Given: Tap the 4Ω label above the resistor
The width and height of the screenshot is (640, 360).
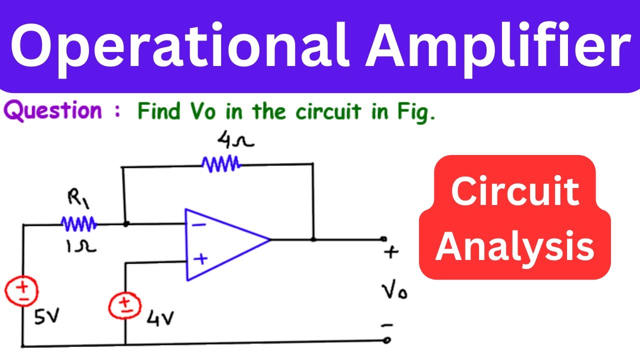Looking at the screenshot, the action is [235, 140].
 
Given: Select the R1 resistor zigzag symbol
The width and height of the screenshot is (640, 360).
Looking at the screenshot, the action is [79, 223].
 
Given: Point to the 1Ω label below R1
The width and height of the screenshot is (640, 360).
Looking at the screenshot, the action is [81, 246].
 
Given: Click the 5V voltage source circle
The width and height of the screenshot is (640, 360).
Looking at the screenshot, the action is [21, 291].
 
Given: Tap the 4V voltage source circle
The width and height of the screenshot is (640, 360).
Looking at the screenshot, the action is [125, 305].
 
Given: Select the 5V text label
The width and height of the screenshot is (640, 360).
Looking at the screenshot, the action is [46, 316].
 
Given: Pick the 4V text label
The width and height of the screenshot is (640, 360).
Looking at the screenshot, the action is [160, 318].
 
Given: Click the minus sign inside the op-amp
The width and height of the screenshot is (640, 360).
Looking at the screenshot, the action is [199, 225].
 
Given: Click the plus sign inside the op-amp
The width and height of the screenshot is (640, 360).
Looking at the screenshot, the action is [200, 259].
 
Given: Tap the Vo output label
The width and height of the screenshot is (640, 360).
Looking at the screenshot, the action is [394, 289].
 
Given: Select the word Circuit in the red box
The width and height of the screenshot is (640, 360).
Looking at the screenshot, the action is [515, 191].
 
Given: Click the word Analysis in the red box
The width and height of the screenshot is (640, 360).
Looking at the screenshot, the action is [514, 246].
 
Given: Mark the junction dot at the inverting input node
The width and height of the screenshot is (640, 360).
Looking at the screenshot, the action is [125, 224].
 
